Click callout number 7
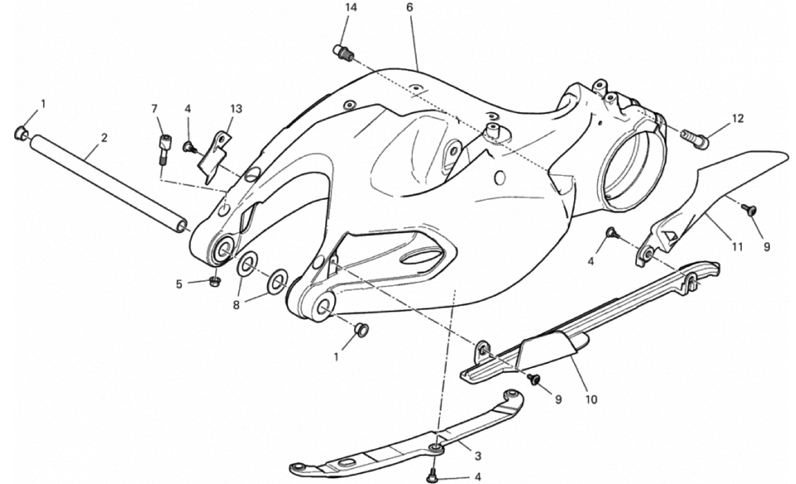click(x=154, y=109)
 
